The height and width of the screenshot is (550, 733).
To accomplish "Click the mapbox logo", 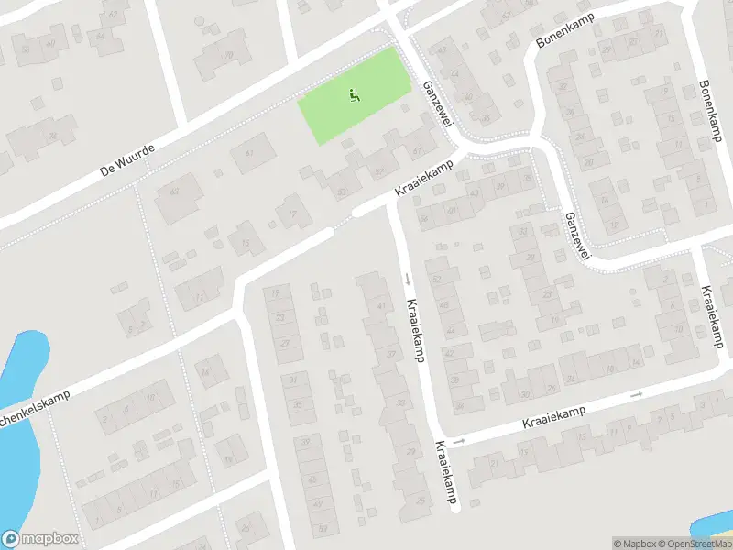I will click(x=40, y=539).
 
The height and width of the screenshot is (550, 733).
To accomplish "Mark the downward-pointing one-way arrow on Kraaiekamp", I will click(x=407, y=278).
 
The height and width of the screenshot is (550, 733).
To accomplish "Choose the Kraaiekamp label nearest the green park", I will click(x=425, y=179).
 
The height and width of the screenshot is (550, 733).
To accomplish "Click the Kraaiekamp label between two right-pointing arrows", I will click(x=553, y=418).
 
